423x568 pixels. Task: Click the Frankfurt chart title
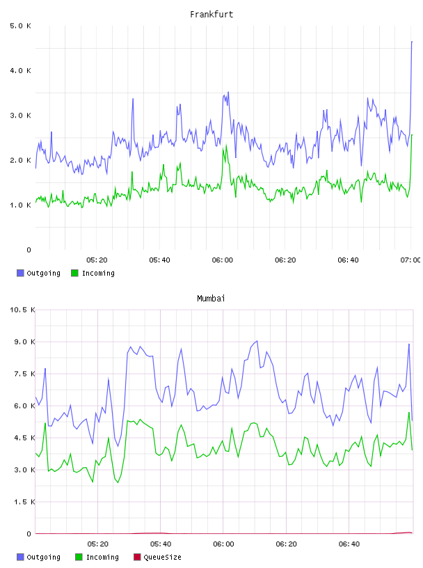click(x=211, y=14)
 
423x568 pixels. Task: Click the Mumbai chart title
click(x=211, y=298)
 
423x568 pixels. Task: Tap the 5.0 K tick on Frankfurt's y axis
click(x=20, y=26)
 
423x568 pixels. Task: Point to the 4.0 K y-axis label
click(x=20, y=70)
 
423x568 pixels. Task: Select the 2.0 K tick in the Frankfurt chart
click(x=20, y=160)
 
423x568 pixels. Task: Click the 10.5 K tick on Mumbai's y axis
click(x=22, y=310)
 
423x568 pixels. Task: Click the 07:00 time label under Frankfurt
click(x=410, y=260)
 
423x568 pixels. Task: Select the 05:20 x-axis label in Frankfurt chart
click(x=97, y=260)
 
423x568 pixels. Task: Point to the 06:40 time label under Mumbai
click(x=349, y=544)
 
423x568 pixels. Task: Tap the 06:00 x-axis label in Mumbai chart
click(x=223, y=544)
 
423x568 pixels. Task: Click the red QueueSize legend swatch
click(x=137, y=557)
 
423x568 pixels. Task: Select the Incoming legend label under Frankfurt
click(x=98, y=273)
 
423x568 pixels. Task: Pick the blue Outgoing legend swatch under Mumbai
click(x=20, y=557)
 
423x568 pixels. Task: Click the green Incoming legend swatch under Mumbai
click(x=79, y=557)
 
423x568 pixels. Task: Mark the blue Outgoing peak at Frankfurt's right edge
click(x=412, y=42)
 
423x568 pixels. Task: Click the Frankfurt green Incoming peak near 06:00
click(x=226, y=145)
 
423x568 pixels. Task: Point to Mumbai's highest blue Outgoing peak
click(x=257, y=341)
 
